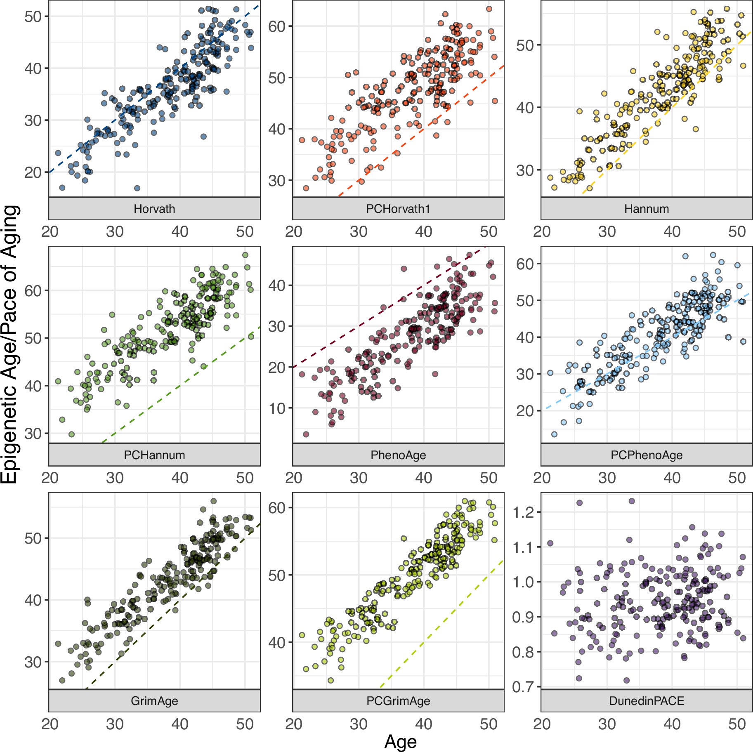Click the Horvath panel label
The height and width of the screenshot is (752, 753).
(x=154, y=209)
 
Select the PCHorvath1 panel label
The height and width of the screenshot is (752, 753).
(x=398, y=209)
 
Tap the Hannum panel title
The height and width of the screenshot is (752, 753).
(x=646, y=209)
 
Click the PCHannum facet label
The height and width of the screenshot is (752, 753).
(x=154, y=455)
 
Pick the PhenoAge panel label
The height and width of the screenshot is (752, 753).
(x=398, y=455)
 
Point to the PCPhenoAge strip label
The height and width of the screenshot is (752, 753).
(x=646, y=455)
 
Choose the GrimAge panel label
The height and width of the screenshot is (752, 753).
(x=154, y=701)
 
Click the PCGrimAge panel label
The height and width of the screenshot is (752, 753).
(x=398, y=701)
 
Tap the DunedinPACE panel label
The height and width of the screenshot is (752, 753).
(x=646, y=701)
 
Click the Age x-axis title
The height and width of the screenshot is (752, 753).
(x=400, y=741)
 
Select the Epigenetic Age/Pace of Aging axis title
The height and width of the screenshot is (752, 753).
(x=10, y=344)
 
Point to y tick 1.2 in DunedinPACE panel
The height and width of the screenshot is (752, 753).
(x=523, y=512)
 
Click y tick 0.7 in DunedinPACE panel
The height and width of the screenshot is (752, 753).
(x=523, y=687)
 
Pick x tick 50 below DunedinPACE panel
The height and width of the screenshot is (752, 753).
(x=736, y=724)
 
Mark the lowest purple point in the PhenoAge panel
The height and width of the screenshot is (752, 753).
(x=306, y=434)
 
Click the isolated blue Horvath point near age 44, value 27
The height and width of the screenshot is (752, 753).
(x=203, y=137)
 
